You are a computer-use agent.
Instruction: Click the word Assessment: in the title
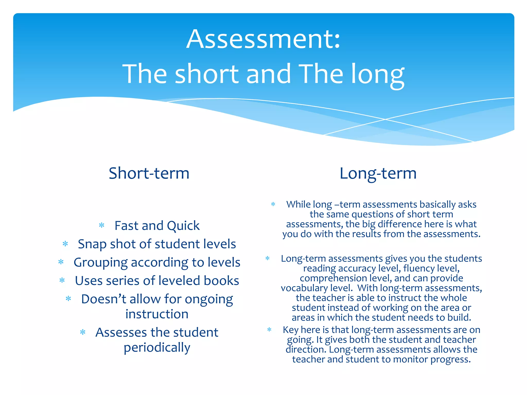pos(263,39)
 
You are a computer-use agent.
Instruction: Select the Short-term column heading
pos(149,173)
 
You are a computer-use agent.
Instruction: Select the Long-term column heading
pos(378,174)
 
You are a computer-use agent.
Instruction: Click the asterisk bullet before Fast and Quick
pos(102,226)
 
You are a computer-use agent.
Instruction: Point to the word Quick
pos(183,226)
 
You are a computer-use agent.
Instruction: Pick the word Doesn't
pos(103,299)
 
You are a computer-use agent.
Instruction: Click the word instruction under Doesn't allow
pos(157,314)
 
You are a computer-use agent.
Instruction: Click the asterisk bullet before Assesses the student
pos(83,332)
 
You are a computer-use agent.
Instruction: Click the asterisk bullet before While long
pos(273,204)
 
